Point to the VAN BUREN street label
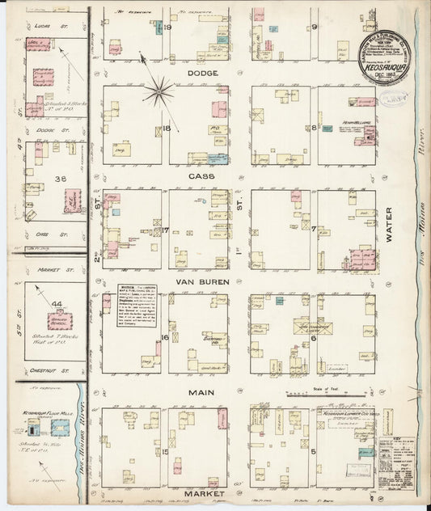[198, 281]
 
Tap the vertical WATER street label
[389, 224]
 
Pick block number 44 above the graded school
[57, 303]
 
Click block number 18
[167, 128]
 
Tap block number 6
[313, 338]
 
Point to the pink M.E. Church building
[72, 200]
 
